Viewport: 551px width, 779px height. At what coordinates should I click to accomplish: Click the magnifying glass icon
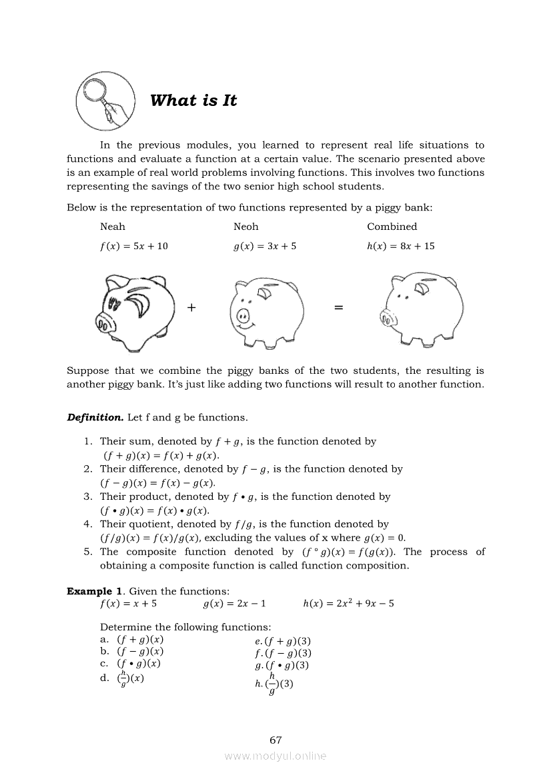click(x=103, y=101)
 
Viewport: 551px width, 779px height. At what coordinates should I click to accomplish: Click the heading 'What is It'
click(x=193, y=101)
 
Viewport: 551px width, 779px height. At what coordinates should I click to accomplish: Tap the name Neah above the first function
click(x=112, y=227)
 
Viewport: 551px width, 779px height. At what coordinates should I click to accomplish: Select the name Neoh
click(x=245, y=227)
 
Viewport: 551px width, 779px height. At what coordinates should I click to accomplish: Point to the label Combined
click(x=392, y=227)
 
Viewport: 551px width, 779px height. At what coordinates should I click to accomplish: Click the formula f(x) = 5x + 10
click(x=133, y=246)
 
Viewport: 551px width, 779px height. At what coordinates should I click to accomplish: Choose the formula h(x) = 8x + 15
click(x=400, y=246)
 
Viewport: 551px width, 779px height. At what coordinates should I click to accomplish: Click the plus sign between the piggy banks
click(x=192, y=307)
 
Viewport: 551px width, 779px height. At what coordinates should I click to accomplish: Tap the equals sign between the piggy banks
click(x=338, y=307)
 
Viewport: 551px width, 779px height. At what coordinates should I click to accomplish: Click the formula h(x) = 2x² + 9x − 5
click(x=348, y=604)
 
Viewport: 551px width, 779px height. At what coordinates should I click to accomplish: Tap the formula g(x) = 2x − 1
click(x=234, y=604)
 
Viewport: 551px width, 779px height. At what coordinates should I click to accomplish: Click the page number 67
click(x=275, y=740)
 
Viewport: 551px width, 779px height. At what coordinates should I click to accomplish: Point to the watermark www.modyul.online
click(x=275, y=756)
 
